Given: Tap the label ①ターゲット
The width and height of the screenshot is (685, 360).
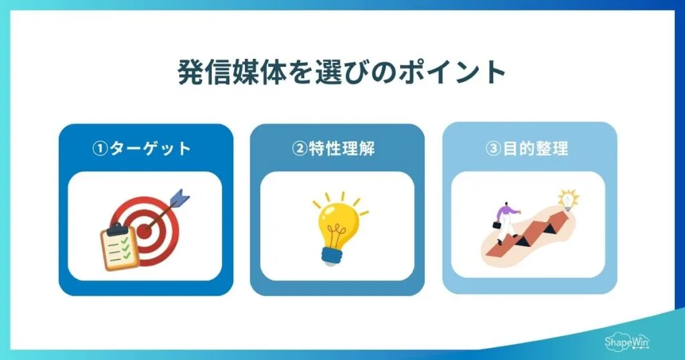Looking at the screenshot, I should click(141, 148).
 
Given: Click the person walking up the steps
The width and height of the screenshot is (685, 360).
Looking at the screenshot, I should click(506, 221).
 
